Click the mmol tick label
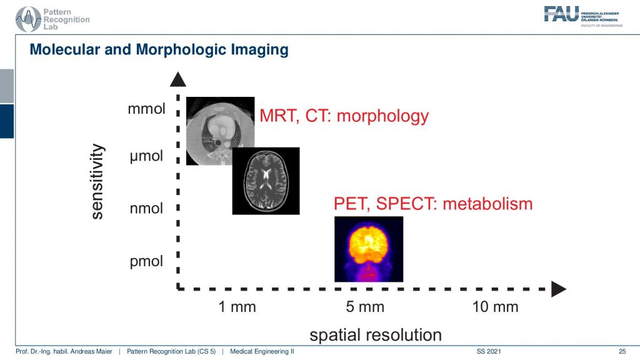(146, 109)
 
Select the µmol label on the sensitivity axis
(146, 156)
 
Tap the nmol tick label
(146, 208)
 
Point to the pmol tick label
(146, 261)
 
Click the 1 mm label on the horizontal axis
(237, 306)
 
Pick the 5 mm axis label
(365, 306)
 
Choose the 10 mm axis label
(495, 306)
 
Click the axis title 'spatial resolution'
(376, 335)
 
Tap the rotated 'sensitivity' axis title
(97, 182)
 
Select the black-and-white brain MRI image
(266, 181)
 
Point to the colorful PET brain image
(369, 249)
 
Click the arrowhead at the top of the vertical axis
(178, 79)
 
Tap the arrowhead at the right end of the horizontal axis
(558, 289)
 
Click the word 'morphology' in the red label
(382, 116)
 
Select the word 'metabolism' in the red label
(487, 204)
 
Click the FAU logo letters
(561, 14)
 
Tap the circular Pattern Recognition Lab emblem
(28, 19)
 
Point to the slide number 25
(622, 351)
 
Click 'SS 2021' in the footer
(489, 351)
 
